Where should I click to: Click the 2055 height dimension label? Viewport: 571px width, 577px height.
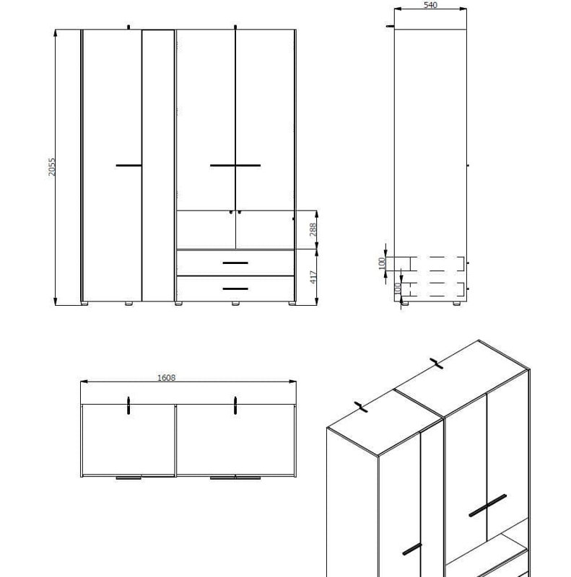pyautogui.click(x=52, y=167)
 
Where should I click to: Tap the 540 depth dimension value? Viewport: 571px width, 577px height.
pyautogui.click(x=430, y=6)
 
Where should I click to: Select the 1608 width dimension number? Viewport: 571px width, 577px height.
pyautogui.click(x=166, y=377)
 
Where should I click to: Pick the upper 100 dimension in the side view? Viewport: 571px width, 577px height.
pyautogui.click(x=382, y=263)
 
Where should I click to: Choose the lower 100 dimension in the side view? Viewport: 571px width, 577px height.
pyautogui.click(x=398, y=288)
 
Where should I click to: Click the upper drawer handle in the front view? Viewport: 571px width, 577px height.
pyautogui.click(x=235, y=263)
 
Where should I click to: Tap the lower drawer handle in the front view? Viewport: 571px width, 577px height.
pyautogui.click(x=235, y=288)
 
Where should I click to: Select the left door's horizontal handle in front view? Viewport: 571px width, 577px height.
pyautogui.click(x=128, y=166)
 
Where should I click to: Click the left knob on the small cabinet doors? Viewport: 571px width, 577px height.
pyautogui.click(x=230, y=213)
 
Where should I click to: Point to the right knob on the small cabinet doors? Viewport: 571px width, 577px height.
pyautogui.click(x=240, y=213)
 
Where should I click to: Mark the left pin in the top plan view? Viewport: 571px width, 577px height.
pyautogui.click(x=128, y=406)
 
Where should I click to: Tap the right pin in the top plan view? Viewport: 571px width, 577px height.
pyautogui.click(x=235, y=406)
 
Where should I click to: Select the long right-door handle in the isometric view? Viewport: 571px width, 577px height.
pyautogui.click(x=487, y=506)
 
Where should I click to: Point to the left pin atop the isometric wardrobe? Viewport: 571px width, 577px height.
pyautogui.click(x=361, y=407)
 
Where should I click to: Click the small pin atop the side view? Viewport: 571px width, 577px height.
pyautogui.click(x=390, y=27)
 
